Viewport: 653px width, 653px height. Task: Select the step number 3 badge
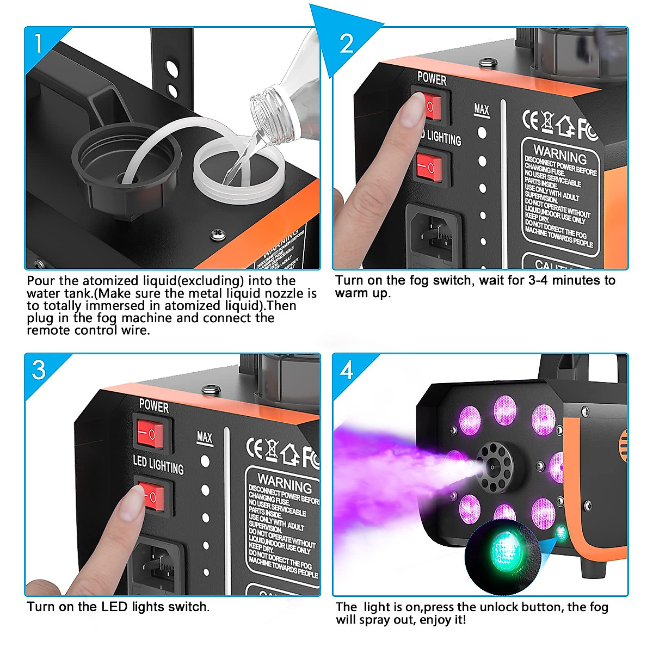pyautogui.click(x=39, y=370)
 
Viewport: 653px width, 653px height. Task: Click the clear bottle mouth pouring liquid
pyautogui.click(x=267, y=114)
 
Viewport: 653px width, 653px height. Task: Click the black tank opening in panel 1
pyautogui.click(x=125, y=163)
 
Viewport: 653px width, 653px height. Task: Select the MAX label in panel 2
pyautogui.click(x=482, y=109)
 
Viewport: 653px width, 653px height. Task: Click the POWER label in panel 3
pyautogui.click(x=154, y=406)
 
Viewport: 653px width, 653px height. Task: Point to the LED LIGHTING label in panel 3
pyautogui.click(x=158, y=465)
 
